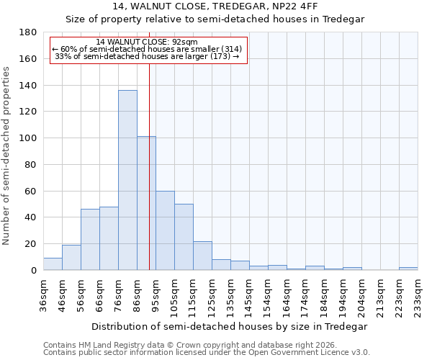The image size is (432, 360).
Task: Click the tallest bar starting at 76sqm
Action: pos(127,180)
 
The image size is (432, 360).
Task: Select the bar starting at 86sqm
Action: pos(146,203)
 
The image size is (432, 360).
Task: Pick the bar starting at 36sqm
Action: pos(53,264)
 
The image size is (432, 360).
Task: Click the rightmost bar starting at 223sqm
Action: pos(408,269)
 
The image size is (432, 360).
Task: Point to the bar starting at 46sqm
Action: pos(71,258)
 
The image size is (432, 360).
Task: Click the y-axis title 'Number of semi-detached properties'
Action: pos(6,156)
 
